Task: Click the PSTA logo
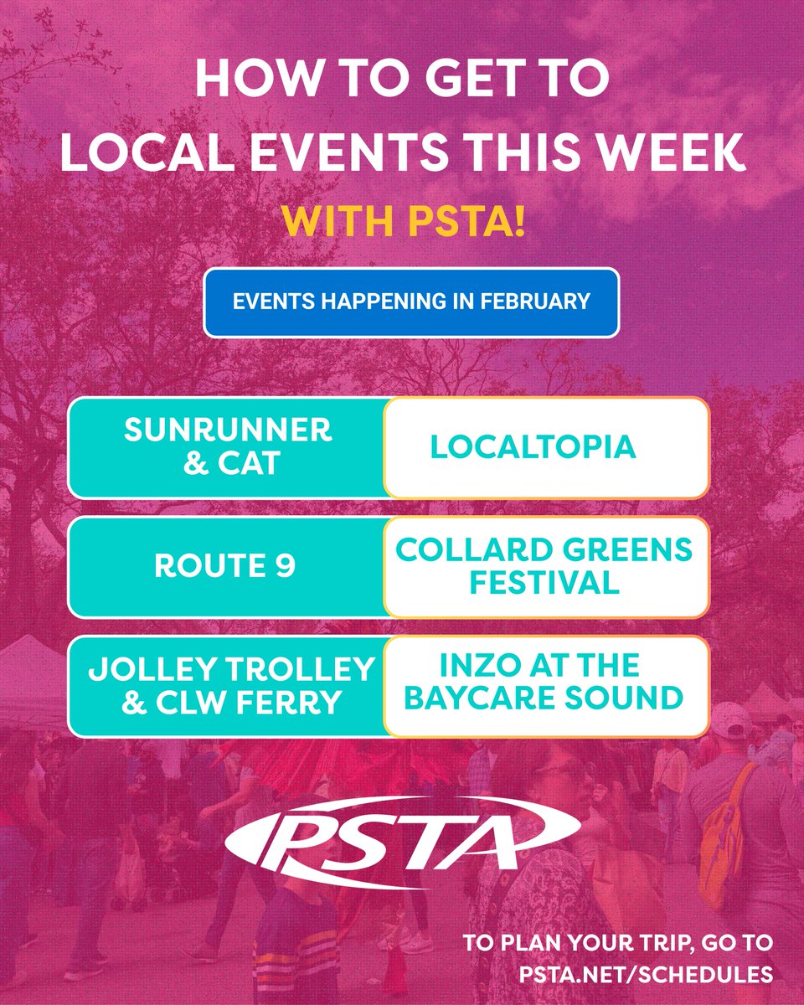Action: (x=402, y=838)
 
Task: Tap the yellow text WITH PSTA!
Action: (x=403, y=224)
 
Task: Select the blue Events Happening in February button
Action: (x=411, y=302)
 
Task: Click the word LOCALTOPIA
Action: (x=533, y=447)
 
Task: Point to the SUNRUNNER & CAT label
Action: (x=228, y=447)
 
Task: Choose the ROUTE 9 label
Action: (x=224, y=567)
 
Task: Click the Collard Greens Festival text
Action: (x=544, y=567)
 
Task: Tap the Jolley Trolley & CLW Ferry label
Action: (x=231, y=686)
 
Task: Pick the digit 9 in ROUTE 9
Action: (x=286, y=567)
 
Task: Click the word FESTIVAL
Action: (x=544, y=583)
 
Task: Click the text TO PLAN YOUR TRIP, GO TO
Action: (x=619, y=943)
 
